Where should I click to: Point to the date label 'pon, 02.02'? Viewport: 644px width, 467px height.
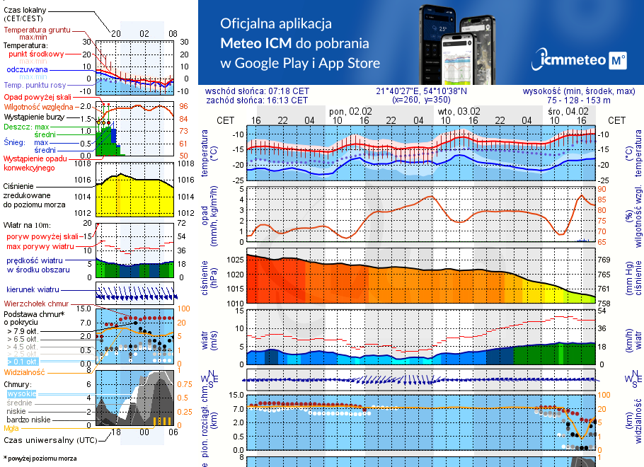coord(350,111)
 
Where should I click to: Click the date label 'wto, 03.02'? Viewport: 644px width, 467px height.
coord(459,111)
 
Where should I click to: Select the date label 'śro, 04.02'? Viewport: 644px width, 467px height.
coord(568,111)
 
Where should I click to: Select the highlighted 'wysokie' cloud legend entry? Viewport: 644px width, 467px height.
coord(21,393)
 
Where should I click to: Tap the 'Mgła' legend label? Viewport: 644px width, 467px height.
coord(11,428)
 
